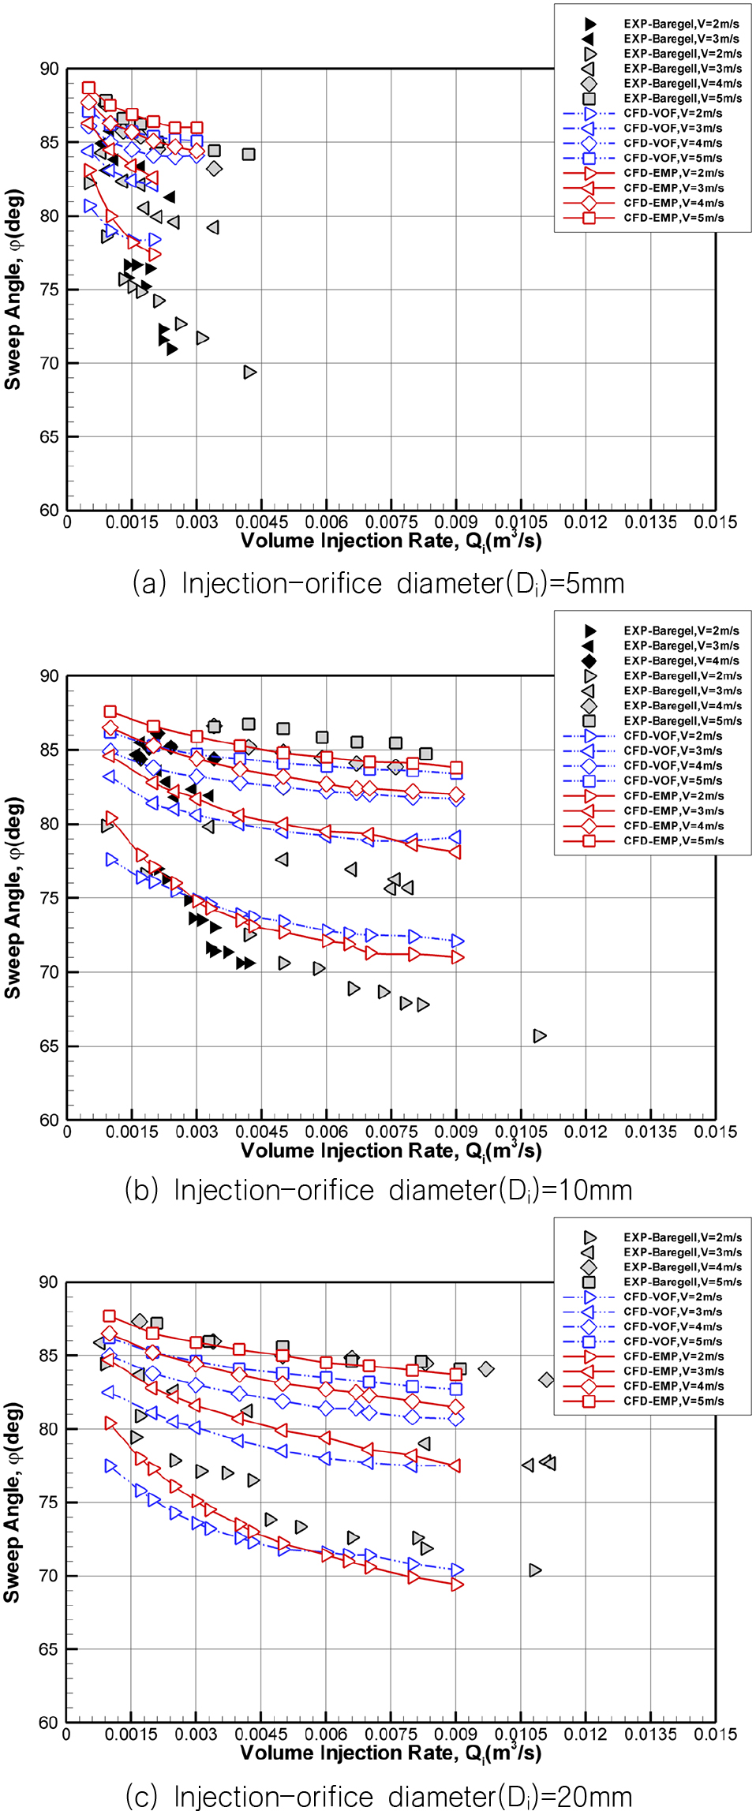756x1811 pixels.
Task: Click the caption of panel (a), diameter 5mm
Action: click(378, 584)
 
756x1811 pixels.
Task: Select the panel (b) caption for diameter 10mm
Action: click(378, 1190)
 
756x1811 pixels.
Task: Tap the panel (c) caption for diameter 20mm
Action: click(378, 1796)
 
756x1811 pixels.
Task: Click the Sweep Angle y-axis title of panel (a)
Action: click(13, 290)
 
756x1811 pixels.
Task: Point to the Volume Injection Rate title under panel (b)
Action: click(391, 1151)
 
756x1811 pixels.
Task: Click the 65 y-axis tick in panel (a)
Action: click(50, 436)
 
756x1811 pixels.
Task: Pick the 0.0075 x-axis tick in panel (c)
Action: click(391, 1734)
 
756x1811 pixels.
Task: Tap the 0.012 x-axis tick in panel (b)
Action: click(586, 1132)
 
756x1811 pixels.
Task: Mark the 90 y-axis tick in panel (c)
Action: click(49, 1282)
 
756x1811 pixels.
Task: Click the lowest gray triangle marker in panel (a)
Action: click(250, 372)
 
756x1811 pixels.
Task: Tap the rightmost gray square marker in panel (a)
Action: click(249, 154)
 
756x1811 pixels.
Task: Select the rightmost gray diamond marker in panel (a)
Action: click(214, 169)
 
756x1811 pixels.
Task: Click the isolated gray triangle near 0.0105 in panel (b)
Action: click(540, 1035)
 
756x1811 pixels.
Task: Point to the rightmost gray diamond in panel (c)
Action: click(546, 1379)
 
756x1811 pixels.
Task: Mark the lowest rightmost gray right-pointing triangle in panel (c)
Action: click(535, 1570)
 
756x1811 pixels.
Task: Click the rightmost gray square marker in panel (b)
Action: click(426, 754)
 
